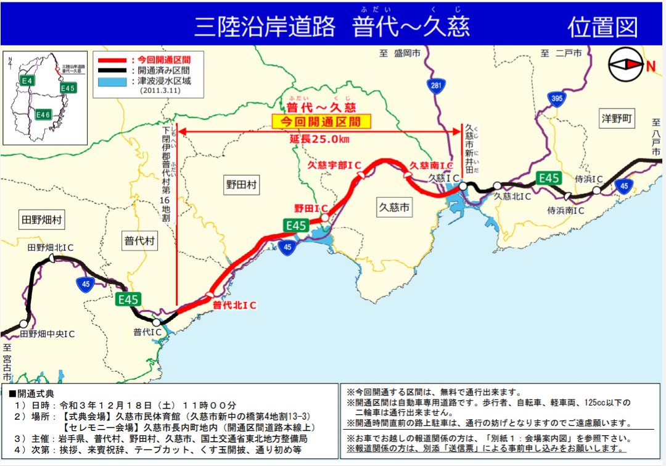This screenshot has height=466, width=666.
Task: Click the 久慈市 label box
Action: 394,208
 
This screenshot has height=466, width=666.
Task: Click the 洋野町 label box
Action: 617,120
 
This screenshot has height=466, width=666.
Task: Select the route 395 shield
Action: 557,99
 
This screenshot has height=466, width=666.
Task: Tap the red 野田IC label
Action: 311,208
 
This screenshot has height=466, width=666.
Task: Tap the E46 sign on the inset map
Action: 43,115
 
